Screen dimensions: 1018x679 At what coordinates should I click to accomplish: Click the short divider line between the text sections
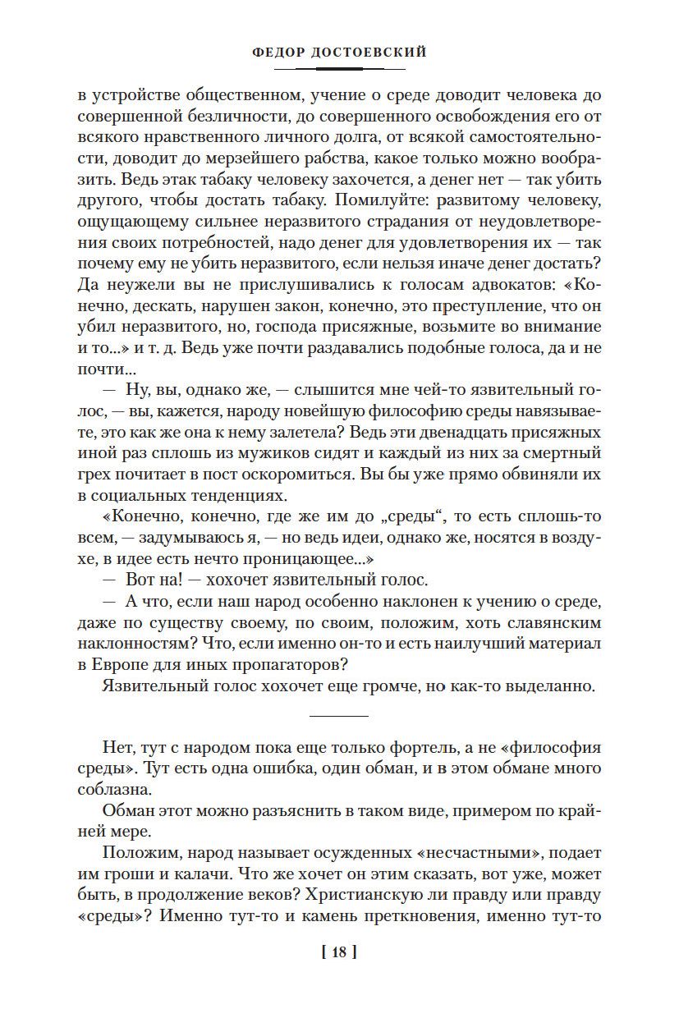click(x=339, y=716)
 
